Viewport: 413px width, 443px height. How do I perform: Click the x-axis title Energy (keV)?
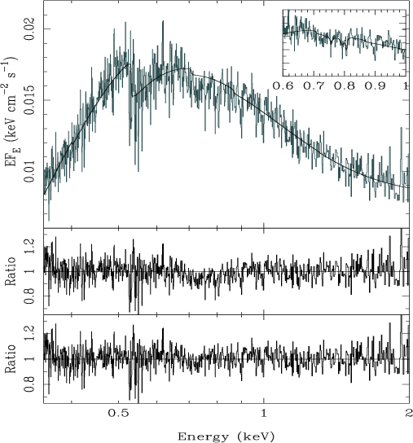(x=226, y=436)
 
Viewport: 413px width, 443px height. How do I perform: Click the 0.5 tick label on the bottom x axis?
(x=118, y=414)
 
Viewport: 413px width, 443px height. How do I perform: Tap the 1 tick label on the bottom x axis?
(x=264, y=414)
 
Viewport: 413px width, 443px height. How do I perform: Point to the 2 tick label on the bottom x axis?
(x=409, y=414)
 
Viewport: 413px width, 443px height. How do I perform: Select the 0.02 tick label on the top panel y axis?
(x=29, y=29)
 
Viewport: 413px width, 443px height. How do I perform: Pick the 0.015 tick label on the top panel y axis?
(x=29, y=99)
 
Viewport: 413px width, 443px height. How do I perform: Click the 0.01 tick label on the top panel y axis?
(x=29, y=172)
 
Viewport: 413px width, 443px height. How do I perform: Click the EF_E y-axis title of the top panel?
(x=11, y=112)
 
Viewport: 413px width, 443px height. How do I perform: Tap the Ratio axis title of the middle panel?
(x=11, y=271)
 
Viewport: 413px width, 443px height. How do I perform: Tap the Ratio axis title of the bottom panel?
(x=11, y=358)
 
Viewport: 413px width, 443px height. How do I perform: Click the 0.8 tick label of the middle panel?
(x=29, y=296)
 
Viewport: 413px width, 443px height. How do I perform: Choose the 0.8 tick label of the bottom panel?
(x=29, y=384)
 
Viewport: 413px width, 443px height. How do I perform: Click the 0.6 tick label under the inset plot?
(x=283, y=86)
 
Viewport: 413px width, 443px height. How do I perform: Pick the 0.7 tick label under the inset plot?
(x=314, y=86)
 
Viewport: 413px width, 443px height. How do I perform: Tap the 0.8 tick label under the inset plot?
(x=345, y=86)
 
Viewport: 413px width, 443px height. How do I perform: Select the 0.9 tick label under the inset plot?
(x=375, y=86)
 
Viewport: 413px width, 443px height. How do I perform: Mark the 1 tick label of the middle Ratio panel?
(x=29, y=271)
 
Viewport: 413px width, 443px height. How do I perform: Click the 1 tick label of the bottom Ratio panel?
(x=29, y=359)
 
